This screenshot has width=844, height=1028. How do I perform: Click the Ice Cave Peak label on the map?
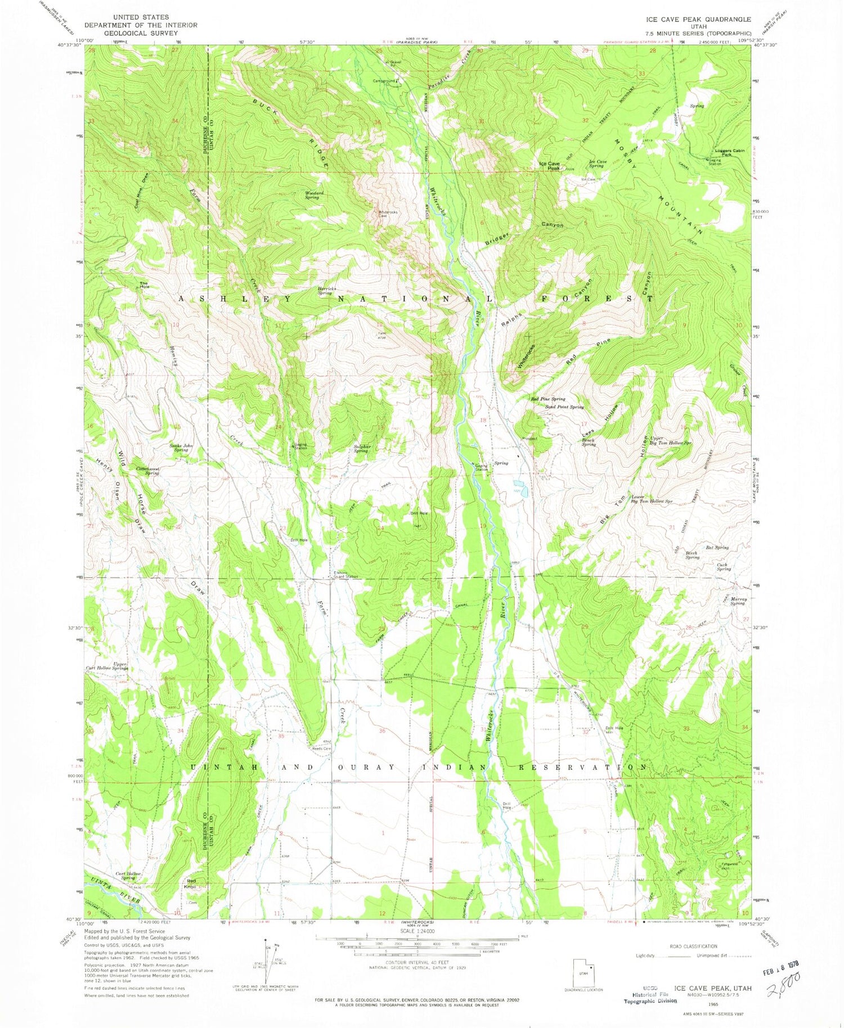[549, 166]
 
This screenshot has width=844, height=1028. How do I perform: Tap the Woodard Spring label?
[314, 195]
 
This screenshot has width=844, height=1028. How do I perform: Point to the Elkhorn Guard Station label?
[345, 575]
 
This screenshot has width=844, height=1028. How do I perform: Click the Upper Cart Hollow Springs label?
[107, 666]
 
